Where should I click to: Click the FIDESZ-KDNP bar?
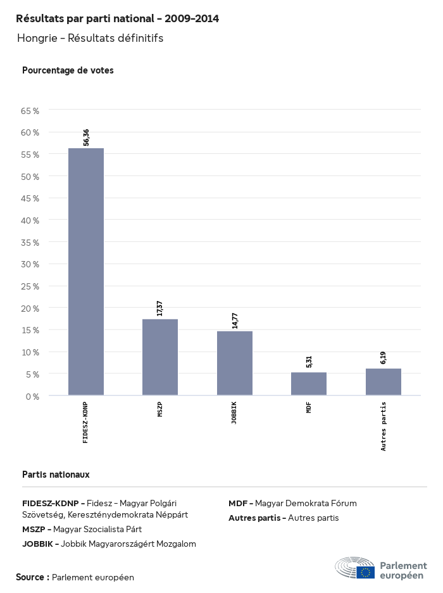pyautogui.click(x=86, y=272)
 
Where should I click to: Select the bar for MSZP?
pyautogui.click(x=160, y=357)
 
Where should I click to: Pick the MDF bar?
pyautogui.click(x=309, y=384)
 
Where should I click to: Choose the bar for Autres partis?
pyautogui.click(x=384, y=382)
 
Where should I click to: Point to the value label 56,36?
pyautogui.click(x=86, y=137)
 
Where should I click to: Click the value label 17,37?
pyautogui.click(x=160, y=308)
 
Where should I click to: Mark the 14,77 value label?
pyautogui.click(x=235, y=320)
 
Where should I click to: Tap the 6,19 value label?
pyautogui.click(x=384, y=358)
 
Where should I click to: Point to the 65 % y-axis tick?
pyautogui.click(x=30, y=111)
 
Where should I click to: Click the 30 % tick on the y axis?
pyautogui.click(x=30, y=264)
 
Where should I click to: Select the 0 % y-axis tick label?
pyautogui.click(x=32, y=396)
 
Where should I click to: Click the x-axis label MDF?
pyautogui.click(x=309, y=407)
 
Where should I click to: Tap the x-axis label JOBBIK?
pyautogui.click(x=235, y=412)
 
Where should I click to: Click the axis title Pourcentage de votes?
pyautogui.click(x=68, y=70)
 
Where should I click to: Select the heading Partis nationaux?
pyautogui.click(x=56, y=474)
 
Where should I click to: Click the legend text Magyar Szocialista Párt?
pyautogui.click(x=97, y=529)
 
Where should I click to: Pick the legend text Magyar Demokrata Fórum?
pyautogui.click(x=306, y=503)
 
